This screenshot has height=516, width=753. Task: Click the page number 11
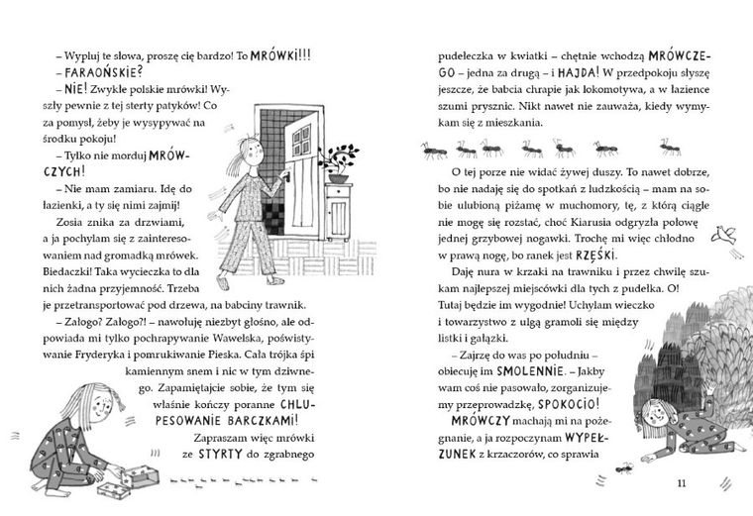(679, 482)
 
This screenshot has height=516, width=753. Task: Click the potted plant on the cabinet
(343, 164)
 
